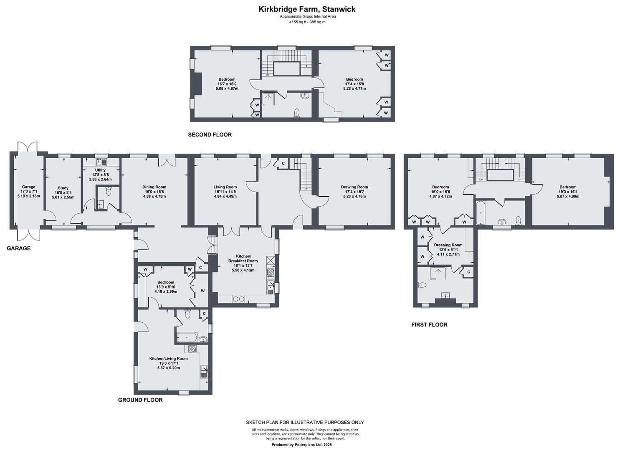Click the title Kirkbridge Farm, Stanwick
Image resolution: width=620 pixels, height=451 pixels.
pyautogui.click(x=307, y=9)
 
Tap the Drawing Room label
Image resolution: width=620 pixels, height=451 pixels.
pyautogui.click(x=354, y=187)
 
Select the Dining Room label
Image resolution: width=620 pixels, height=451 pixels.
pyautogui.click(x=154, y=187)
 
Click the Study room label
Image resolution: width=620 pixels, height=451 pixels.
pyautogui.click(x=63, y=188)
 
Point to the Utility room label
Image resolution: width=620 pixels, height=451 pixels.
pyautogui.click(x=100, y=170)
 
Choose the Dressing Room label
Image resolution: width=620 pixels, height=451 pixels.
pyautogui.click(x=448, y=245)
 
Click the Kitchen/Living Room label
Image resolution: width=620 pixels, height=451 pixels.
pyautogui.click(x=168, y=359)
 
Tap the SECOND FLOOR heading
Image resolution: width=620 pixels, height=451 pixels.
pyautogui.click(x=210, y=135)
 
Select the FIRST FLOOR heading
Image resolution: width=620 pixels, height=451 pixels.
pyautogui.click(x=429, y=325)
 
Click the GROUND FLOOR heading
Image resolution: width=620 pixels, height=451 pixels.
pyautogui.click(x=140, y=400)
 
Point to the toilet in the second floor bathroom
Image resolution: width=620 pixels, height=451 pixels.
pyautogui.click(x=297, y=113)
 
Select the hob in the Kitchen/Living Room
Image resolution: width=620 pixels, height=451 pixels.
pyautogui.click(x=192, y=349)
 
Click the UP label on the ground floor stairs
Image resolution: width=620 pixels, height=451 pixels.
pyautogui.click(x=306, y=189)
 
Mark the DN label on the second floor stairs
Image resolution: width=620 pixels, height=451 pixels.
pyautogui.click(x=267, y=75)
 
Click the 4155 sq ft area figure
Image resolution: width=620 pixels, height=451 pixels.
pyautogui.click(x=296, y=22)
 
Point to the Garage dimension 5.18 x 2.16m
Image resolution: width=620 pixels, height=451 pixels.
pyautogui.click(x=28, y=196)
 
